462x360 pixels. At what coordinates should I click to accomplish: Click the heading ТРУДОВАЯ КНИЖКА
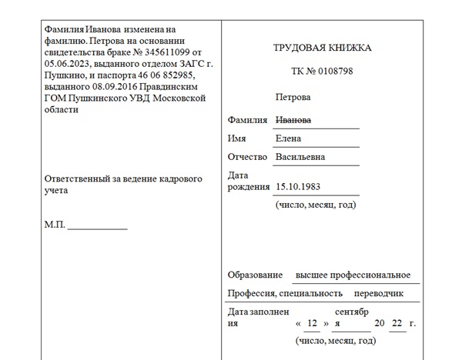pos(322,48)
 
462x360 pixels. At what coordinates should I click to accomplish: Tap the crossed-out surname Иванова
pos(293,121)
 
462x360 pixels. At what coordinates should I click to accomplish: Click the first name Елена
pos(289,138)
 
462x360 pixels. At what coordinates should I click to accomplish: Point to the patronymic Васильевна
pos(300,157)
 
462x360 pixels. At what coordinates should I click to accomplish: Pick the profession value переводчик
pos(378,294)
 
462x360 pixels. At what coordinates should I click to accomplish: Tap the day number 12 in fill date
pos(312,323)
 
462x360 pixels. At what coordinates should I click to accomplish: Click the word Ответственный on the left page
pos(79,178)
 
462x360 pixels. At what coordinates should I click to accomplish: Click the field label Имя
pos(237,138)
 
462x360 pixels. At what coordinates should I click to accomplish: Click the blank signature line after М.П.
pos(98,228)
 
